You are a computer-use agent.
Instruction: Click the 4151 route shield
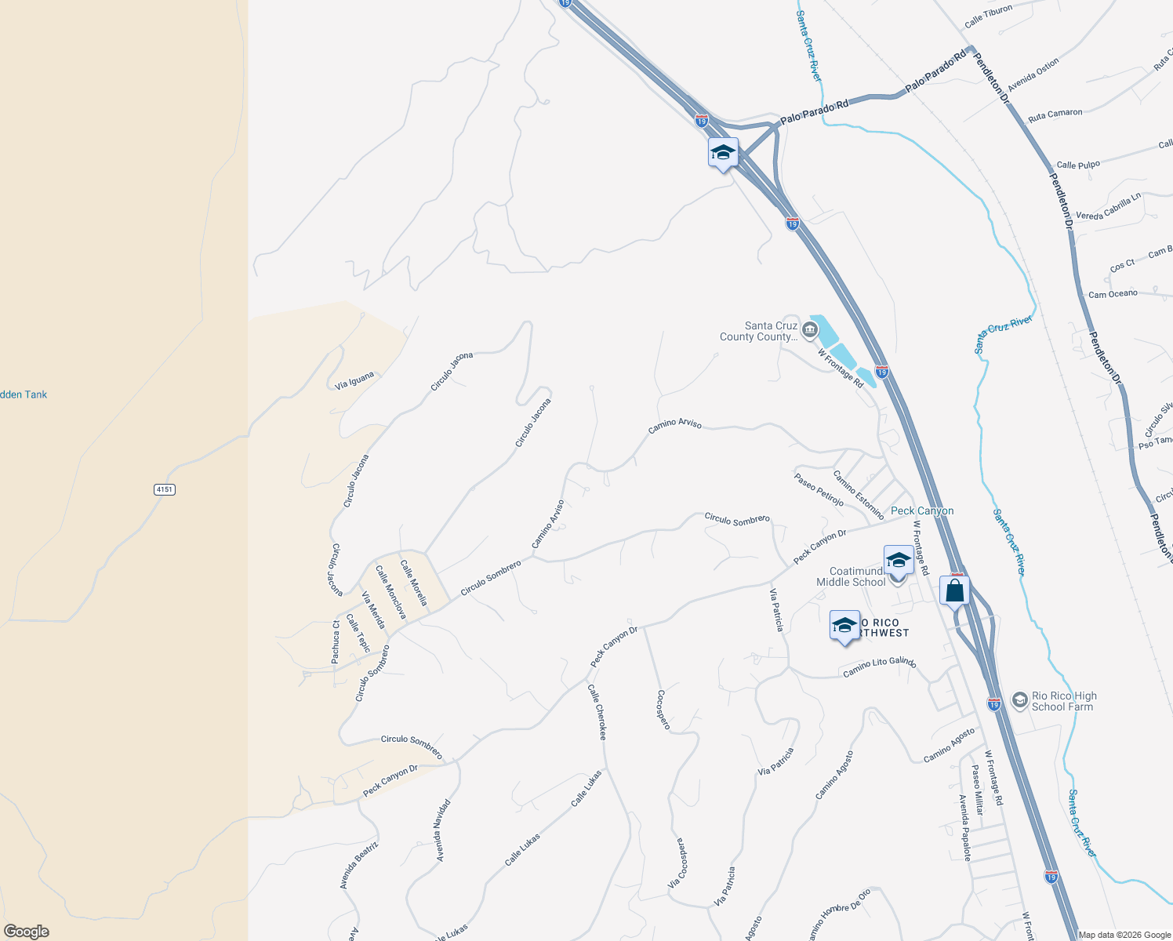[x=165, y=489]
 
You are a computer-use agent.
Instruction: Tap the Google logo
[x=27, y=932]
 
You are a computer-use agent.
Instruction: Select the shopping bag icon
[x=954, y=590]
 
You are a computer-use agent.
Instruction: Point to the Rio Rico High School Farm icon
[x=1019, y=700]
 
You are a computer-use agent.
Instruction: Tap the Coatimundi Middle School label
[x=852, y=576]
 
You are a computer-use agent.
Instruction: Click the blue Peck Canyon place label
[x=922, y=510]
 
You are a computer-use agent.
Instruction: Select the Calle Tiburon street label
[x=988, y=16]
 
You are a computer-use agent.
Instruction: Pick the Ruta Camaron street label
[x=1055, y=114]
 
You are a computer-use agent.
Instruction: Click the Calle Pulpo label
[x=1078, y=165]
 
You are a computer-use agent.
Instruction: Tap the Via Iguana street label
[x=354, y=381]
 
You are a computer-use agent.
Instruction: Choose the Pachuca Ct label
[x=336, y=642]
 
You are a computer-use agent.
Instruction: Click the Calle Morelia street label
[x=414, y=582]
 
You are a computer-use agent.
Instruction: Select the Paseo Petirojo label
[x=819, y=489]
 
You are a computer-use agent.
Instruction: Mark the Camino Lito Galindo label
[x=879, y=667]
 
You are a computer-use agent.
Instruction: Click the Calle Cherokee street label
[x=597, y=711]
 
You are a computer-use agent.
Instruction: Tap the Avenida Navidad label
[x=444, y=830]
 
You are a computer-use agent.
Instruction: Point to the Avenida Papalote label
[x=964, y=827]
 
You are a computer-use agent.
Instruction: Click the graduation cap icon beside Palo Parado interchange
[x=722, y=153]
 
